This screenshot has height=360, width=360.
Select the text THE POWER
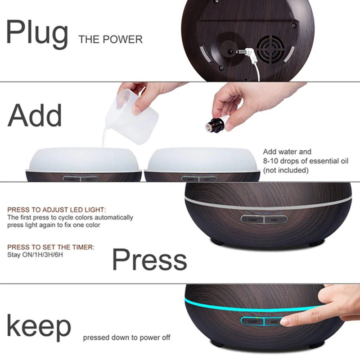pyautogui.click(x=110, y=40)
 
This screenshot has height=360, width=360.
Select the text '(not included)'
pyautogui.click(x=286, y=170)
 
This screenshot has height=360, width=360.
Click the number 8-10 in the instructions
pyautogui.click(x=271, y=161)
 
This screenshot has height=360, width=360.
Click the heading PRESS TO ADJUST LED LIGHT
pyautogui.click(x=57, y=210)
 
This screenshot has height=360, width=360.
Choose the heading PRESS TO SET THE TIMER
pyautogui.click(x=51, y=247)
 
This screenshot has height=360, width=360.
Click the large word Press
pyautogui.click(x=149, y=260)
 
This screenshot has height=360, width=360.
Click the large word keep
pyautogui.click(x=39, y=327)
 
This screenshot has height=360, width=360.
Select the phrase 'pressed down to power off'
pyautogui.click(x=126, y=337)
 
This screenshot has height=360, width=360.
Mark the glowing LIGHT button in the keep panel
pyautogui.click(x=252, y=321)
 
